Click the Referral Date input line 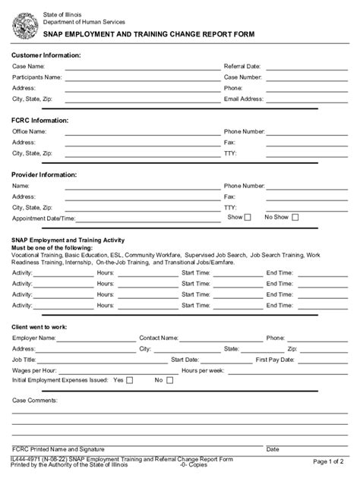coord(307,67)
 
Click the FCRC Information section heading coord(39,120)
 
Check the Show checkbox coord(247,217)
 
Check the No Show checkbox coord(295,217)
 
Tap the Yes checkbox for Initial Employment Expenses coord(129,380)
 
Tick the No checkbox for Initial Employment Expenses coord(169,380)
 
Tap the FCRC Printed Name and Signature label coord(58,449)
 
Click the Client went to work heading coord(39,326)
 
